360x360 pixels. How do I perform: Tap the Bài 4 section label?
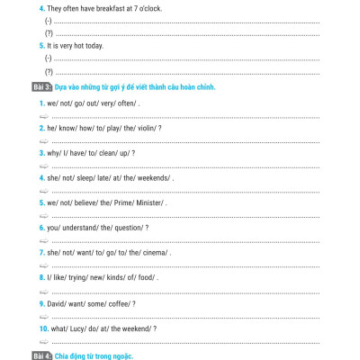coord(44,356)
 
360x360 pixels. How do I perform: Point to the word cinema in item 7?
coord(152,254)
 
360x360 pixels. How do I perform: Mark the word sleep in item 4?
coord(85,179)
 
